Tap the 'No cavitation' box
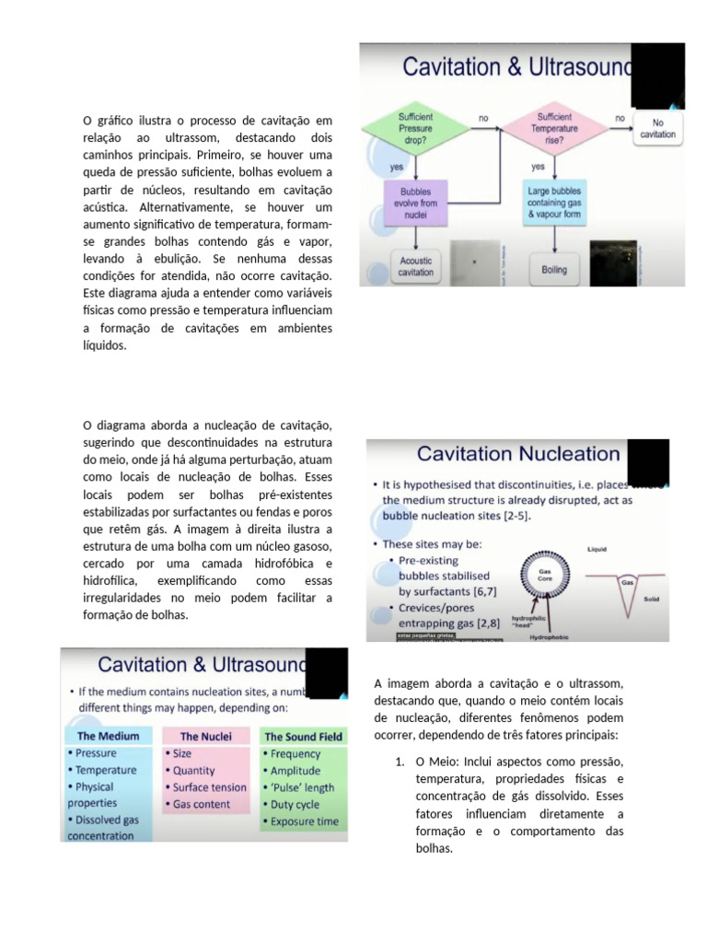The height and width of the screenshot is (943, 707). pos(657,128)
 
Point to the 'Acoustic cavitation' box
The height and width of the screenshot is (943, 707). pos(415,266)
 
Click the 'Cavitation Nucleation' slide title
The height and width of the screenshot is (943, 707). pos(518,454)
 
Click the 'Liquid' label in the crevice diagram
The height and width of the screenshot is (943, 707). pos(598,550)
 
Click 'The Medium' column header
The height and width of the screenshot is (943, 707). pos(109,736)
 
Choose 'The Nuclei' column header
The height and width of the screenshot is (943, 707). pos(205,736)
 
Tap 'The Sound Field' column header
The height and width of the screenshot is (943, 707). pos(303,737)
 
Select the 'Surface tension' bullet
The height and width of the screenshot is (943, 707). pos(209,787)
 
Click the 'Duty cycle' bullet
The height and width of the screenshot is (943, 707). pos(295,804)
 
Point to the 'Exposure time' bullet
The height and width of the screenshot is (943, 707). pos(304,821)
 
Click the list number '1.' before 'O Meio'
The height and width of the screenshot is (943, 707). pos(400,762)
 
